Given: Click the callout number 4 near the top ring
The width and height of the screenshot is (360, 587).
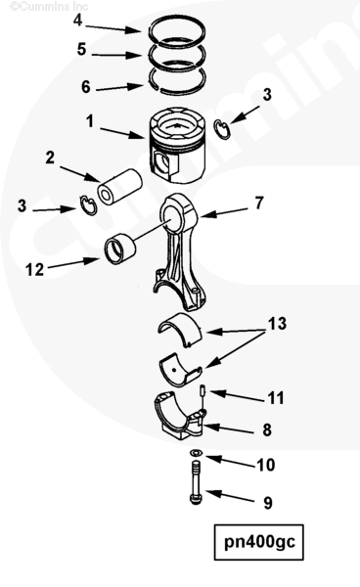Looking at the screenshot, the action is pos(77,21).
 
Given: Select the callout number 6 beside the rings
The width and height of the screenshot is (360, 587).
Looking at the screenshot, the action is pos(86,87).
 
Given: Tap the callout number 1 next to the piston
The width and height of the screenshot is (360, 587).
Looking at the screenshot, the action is pos(90,121).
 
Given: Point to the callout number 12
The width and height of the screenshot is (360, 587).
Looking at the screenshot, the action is pos(34,270).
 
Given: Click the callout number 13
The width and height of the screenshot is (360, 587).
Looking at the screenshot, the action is pos(277,324).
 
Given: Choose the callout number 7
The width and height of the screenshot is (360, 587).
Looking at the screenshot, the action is pos(259,203).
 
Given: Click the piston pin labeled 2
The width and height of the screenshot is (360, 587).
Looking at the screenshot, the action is pos(120,187).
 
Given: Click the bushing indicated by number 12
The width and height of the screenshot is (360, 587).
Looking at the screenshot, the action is pos(120,248).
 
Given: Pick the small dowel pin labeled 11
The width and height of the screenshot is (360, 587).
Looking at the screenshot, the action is pos(203,389).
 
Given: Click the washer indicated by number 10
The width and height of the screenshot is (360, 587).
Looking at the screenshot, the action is pos(196,453).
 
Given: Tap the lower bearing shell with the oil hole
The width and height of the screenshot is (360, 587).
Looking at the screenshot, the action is pos(180,370).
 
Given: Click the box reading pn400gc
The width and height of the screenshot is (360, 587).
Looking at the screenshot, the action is pos(259,542).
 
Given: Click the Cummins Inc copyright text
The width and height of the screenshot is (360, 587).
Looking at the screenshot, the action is pos(49,7).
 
